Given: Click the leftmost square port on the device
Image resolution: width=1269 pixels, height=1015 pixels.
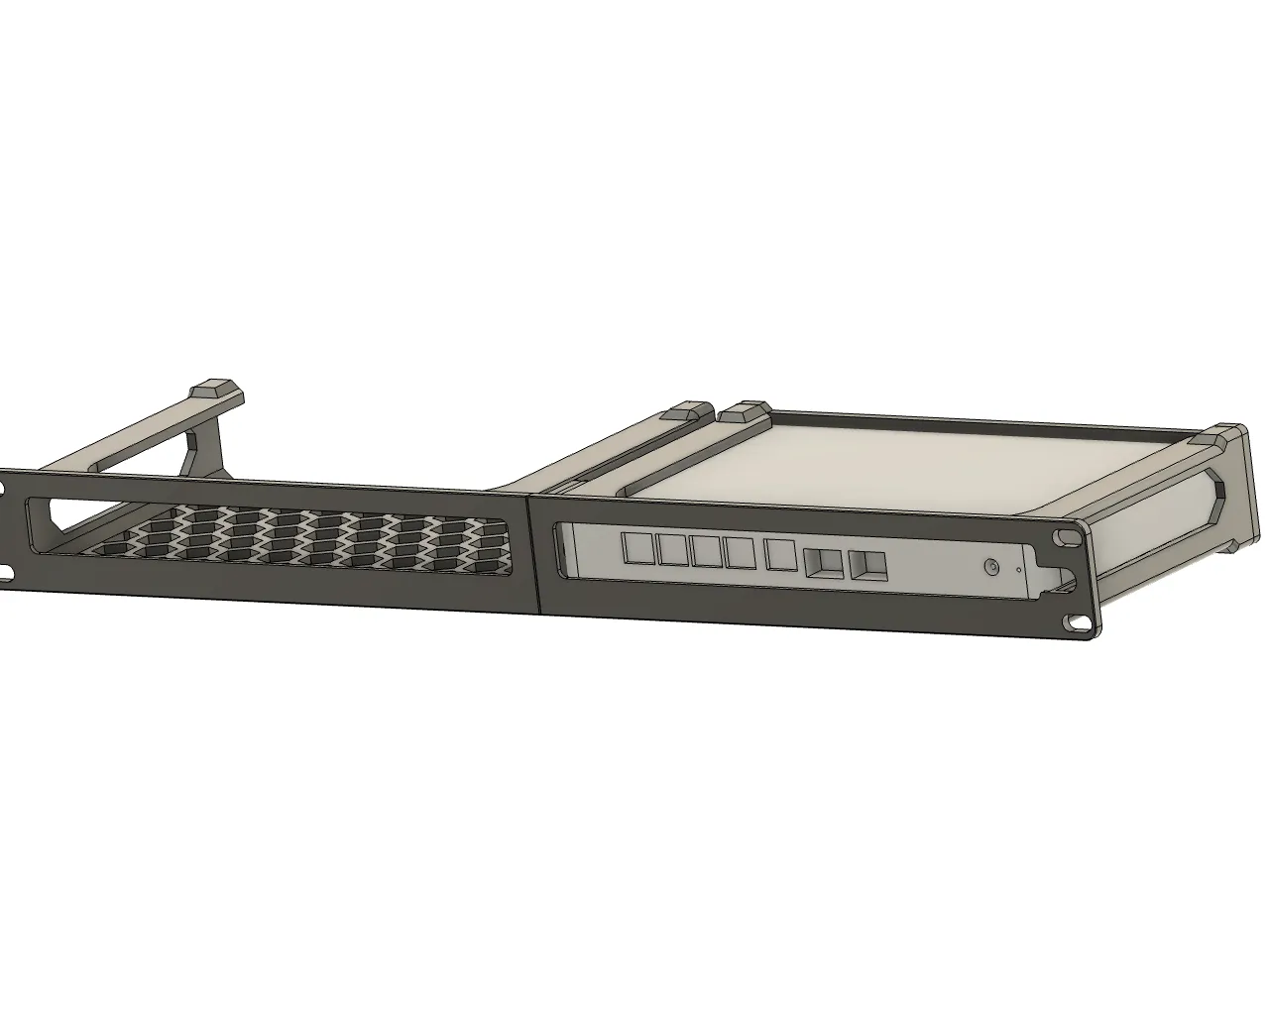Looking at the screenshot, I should pyautogui.click(x=634, y=547).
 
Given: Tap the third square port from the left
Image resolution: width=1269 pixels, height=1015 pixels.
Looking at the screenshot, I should pyautogui.click(x=707, y=552).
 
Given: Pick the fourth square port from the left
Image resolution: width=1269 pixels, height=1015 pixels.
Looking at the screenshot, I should pyautogui.click(x=740, y=554).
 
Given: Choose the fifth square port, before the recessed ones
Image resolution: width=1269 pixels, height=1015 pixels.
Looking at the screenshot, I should pyautogui.click(x=780, y=557).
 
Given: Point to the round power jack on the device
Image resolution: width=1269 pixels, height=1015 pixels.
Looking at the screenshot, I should pyautogui.click(x=989, y=568).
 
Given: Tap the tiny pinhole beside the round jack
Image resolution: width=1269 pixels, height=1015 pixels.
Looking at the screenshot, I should pyautogui.click(x=1018, y=570).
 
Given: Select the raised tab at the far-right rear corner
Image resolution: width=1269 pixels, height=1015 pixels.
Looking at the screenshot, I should pyautogui.click(x=1213, y=435).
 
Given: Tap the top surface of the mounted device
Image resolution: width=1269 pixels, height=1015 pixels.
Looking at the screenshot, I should pyautogui.click(x=892, y=456).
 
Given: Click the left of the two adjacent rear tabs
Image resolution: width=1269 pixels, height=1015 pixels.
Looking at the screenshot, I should pyautogui.click(x=684, y=410).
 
